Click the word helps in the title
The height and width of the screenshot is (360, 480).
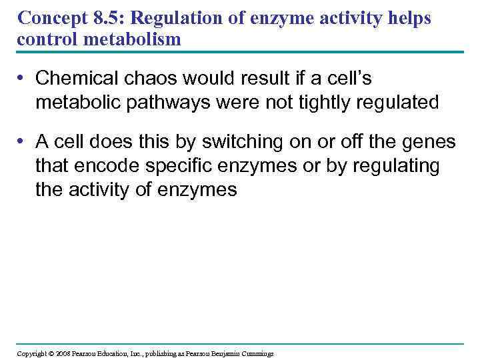[x=410, y=19]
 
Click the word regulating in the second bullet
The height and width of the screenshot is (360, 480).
[x=394, y=166]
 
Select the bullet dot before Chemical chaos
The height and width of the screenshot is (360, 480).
[x=21, y=79]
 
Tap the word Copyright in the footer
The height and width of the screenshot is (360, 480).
[x=32, y=353]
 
